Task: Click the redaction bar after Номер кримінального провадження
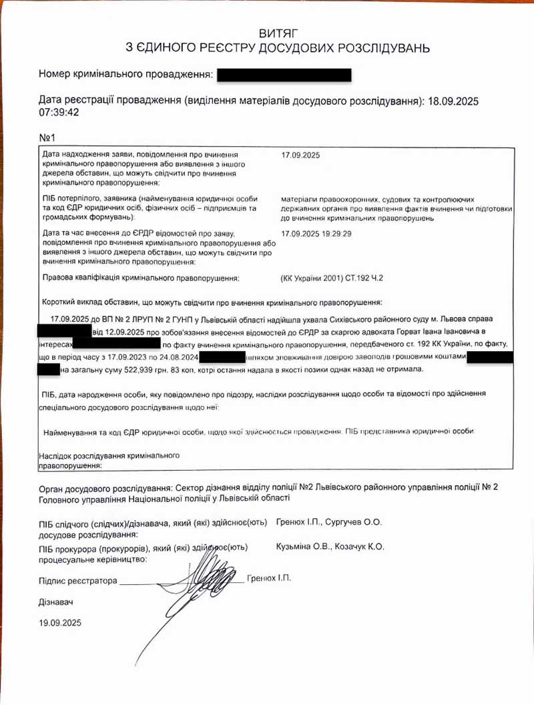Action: coord(284,74)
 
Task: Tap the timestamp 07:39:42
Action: coord(59,112)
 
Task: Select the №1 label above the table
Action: coord(47,138)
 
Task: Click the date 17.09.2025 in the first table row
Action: coord(301,156)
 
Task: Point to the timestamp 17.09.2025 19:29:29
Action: coord(316,234)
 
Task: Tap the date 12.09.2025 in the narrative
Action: coord(123,331)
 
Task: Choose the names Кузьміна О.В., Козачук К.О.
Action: coord(330,547)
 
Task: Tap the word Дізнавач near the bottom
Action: coord(56,602)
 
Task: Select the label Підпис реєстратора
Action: coord(78,580)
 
